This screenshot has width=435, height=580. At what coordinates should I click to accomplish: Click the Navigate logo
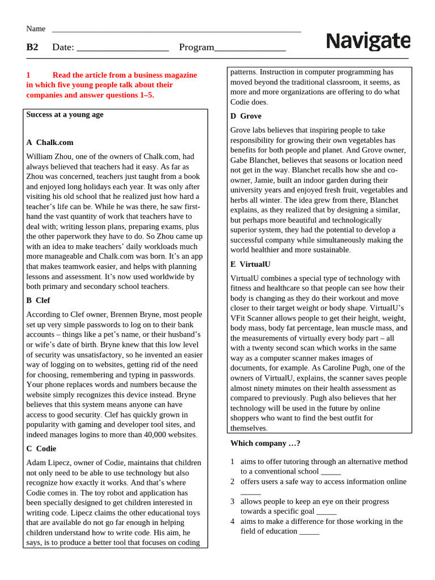click(x=368, y=41)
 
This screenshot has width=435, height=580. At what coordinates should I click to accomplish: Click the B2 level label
click(x=32, y=47)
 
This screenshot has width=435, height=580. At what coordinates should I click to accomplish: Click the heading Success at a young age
click(x=65, y=114)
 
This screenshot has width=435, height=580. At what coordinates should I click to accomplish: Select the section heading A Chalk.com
click(x=50, y=142)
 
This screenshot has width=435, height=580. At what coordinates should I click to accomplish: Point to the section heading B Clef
click(x=38, y=300)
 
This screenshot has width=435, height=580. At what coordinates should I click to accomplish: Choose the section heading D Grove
click(x=246, y=116)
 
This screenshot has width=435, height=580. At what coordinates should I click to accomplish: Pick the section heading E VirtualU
click(x=250, y=264)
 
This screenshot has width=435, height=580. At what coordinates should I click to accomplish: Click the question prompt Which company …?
click(x=265, y=443)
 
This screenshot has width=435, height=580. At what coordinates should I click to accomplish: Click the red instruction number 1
click(x=28, y=75)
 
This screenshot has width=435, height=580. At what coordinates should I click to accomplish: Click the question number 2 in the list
click(x=232, y=481)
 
